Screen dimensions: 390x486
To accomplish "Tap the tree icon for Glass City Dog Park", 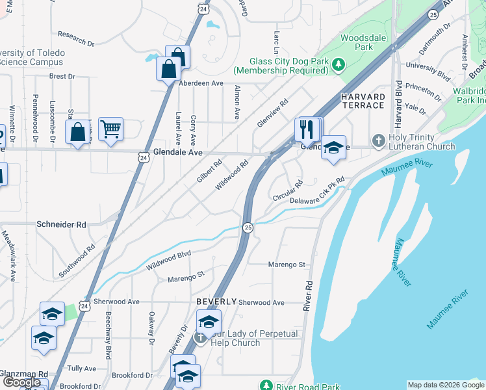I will click(338, 64).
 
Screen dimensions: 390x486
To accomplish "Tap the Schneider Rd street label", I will click(62, 224).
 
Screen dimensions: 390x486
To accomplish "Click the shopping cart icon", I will click(110, 129).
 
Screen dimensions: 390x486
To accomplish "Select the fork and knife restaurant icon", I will click(306, 129).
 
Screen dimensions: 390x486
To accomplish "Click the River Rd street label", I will click(308, 296).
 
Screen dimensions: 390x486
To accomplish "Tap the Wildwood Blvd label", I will click(169, 261).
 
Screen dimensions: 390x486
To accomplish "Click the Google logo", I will click(22, 382).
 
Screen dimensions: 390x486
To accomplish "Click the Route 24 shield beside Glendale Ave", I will click(143, 156).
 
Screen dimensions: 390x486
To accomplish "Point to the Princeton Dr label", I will click(423, 92).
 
